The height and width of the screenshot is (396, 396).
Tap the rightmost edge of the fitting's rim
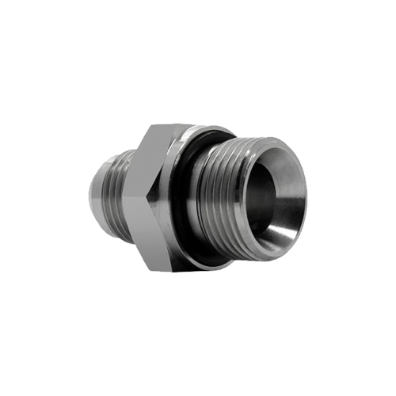pyautogui.click(x=307, y=198)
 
